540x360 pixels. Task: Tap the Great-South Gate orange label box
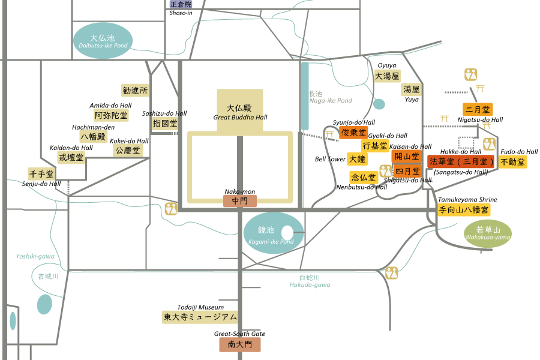click(x=240, y=344)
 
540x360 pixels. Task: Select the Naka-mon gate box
click(x=240, y=202)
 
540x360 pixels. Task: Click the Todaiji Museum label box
click(x=200, y=317)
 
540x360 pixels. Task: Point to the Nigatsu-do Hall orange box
click(x=478, y=109)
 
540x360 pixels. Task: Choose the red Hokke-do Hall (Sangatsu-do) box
click(x=461, y=161)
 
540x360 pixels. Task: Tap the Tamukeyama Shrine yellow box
click(x=464, y=210)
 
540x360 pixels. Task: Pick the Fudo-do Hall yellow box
click(x=512, y=161)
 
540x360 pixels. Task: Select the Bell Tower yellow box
click(x=356, y=158)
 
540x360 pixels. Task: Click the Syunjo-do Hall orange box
click(x=353, y=133)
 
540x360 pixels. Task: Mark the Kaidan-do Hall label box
click(x=71, y=157)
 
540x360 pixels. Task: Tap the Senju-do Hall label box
click(x=41, y=174)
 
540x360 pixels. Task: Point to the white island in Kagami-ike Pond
click(x=287, y=232)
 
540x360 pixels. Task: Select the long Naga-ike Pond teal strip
click(x=304, y=96)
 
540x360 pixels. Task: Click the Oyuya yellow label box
click(x=387, y=76)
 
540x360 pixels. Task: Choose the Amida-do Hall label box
click(x=111, y=115)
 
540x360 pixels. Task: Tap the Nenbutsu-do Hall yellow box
click(x=363, y=178)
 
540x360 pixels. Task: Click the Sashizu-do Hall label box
click(x=164, y=123)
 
